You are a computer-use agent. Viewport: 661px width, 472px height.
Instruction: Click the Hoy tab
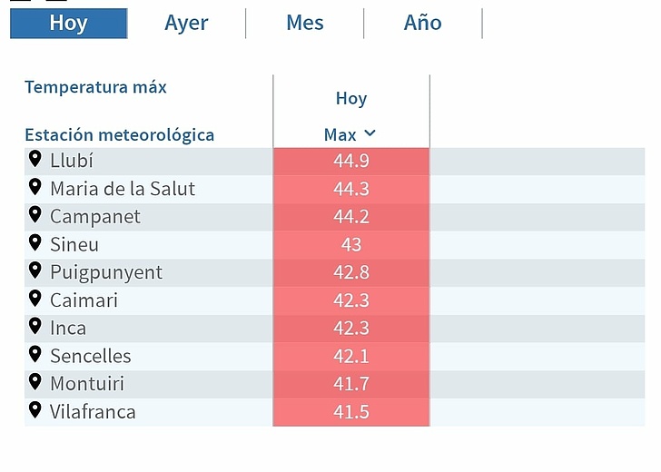(68, 24)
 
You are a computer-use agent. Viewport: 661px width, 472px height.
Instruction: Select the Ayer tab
(186, 24)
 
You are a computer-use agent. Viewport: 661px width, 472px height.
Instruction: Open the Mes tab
(304, 24)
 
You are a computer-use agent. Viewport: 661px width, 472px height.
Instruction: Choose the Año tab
(422, 24)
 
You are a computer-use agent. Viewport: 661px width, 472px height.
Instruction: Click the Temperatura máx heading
(95, 87)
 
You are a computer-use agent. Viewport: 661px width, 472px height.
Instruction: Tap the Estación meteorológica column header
(119, 135)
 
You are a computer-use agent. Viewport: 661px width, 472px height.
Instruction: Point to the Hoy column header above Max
(350, 98)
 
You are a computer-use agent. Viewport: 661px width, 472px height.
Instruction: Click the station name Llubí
(72, 162)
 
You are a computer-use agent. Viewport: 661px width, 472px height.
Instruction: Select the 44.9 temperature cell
(350, 162)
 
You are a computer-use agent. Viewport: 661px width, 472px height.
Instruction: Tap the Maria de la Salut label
(123, 189)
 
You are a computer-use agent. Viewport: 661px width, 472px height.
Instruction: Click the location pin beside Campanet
(35, 214)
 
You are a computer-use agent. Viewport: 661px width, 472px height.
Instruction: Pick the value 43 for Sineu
(350, 245)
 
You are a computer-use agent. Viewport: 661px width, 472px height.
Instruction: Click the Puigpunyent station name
(106, 272)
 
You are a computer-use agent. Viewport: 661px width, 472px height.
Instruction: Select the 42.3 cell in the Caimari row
(350, 300)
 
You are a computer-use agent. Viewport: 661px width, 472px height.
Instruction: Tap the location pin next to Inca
(35, 325)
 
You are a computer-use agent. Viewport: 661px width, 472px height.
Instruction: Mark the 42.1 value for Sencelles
(350, 356)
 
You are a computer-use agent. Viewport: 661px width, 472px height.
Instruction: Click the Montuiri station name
(86, 384)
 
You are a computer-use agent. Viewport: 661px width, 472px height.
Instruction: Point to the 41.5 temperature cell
(350, 412)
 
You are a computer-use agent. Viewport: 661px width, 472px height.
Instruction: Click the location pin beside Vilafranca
(35, 409)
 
